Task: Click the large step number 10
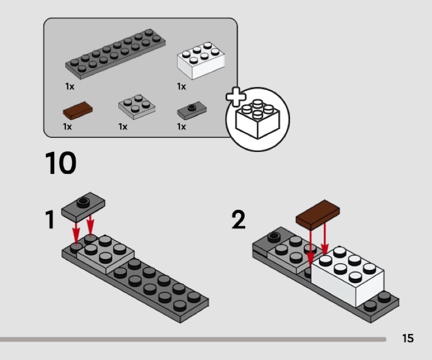pos(60,164)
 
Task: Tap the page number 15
pos(408,338)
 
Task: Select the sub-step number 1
pos(50,220)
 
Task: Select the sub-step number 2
pos(238,220)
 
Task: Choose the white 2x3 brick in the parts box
pos(200,59)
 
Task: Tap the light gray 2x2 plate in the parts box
pos(136,106)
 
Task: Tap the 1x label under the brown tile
pos(67,126)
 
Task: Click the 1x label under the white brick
pos(181,86)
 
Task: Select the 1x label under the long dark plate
pos(70,86)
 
